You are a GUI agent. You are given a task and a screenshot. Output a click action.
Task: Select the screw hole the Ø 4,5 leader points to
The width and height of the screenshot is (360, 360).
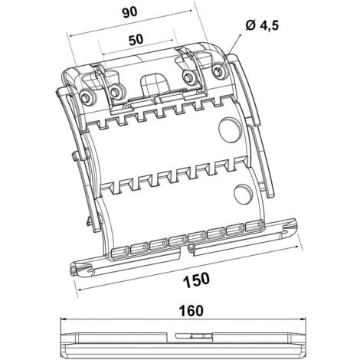point(219,72)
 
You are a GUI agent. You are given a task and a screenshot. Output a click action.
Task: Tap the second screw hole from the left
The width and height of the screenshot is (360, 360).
point(116,93)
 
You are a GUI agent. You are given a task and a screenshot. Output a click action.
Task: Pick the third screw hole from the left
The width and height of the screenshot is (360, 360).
point(187,77)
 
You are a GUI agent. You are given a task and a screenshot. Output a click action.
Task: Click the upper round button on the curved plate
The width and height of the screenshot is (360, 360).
point(228,129)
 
